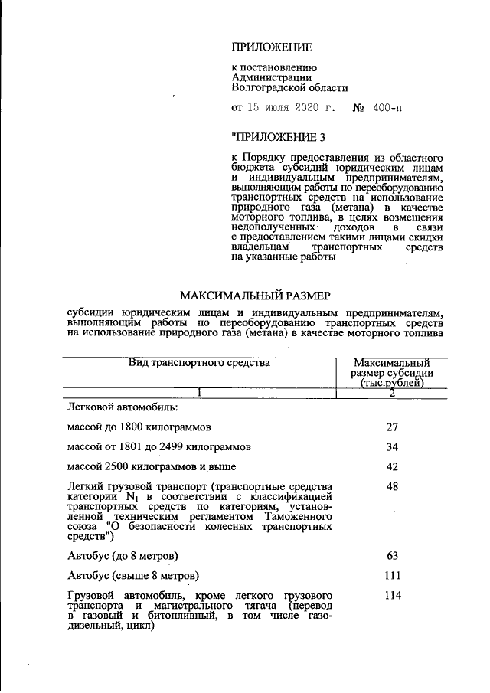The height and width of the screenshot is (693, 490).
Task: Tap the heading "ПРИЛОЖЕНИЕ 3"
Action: pyautogui.click(x=277, y=138)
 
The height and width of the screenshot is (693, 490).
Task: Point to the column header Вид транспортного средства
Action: pyautogui.click(x=199, y=363)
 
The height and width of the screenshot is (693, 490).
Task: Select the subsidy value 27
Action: pyautogui.click(x=392, y=426)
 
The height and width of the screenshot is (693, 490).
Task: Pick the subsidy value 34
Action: pyautogui.click(x=392, y=446)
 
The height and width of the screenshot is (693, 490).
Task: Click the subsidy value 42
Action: pyautogui.click(x=392, y=466)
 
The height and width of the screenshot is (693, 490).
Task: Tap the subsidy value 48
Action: pyautogui.click(x=392, y=486)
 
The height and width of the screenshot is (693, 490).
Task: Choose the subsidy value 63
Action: pyautogui.click(x=392, y=554)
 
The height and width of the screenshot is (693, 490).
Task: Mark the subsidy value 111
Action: pyautogui.click(x=392, y=575)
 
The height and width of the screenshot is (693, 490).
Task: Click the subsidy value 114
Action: pyautogui.click(x=392, y=595)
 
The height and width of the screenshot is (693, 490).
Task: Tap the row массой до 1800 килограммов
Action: pyautogui.click(x=139, y=426)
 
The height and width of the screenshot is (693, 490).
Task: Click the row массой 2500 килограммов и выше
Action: pyautogui.click(x=152, y=466)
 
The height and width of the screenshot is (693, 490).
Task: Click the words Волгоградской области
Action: pyautogui.click(x=289, y=88)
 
